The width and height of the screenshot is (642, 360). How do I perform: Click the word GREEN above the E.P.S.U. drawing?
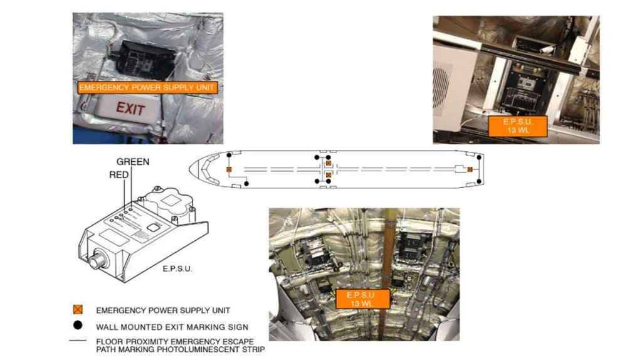(133, 162)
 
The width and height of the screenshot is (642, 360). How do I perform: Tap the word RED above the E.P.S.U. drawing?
(119, 175)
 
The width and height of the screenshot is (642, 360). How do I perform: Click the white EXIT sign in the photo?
(130, 110)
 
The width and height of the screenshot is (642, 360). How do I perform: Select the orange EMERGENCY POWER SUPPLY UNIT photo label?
(147, 88)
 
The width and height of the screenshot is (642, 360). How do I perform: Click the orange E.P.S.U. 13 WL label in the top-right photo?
(518, 125)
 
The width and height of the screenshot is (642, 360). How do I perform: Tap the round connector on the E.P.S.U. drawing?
(97, 260)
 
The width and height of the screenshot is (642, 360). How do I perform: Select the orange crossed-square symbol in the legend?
(78, 310)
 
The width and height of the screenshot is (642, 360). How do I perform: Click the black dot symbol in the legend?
(78, 326)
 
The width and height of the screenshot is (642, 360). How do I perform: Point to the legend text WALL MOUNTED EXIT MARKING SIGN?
(172, 327)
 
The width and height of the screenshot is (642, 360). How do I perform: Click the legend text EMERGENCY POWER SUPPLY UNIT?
(163, 310)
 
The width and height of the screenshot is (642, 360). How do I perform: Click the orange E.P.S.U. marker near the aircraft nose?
(229, 169)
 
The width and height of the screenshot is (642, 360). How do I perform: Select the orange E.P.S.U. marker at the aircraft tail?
(470, 169)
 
